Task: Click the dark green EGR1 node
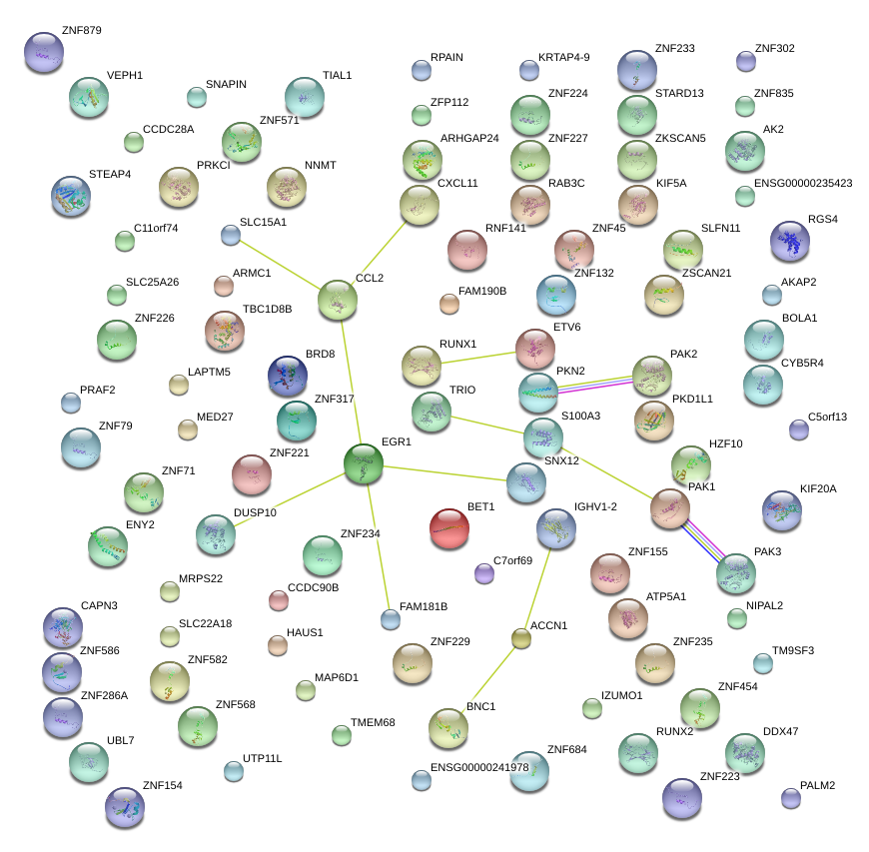point(364,465)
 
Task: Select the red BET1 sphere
point(449,528)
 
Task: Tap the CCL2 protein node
point(338,301)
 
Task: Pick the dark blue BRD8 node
point(288,376)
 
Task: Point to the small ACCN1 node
point(520,637)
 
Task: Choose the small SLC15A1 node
point(231,236)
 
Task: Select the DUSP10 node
point(216,535)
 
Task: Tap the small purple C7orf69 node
point(484,573)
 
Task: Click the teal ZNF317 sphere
point(297,422)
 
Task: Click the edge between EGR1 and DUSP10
point(290,500)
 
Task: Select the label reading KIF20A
point(818,488)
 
